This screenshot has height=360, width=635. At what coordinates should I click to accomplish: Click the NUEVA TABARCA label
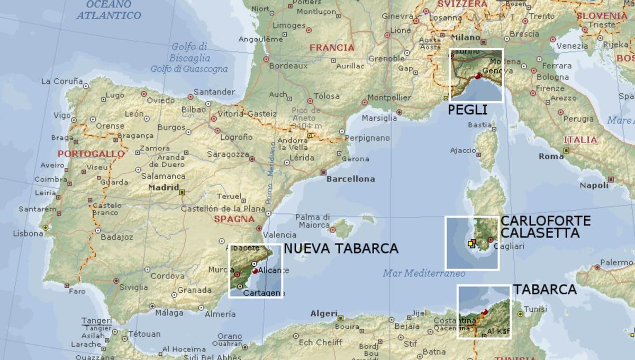[x=341, y=248]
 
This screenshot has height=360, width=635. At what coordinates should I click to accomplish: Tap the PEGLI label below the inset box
[x=467, y=110]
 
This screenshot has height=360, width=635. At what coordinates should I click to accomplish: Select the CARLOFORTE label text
[x=546, y=221]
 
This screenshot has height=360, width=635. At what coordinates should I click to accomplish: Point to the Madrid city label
[x=164, y=187]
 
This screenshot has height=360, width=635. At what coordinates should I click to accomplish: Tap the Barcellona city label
[x=350, y=179]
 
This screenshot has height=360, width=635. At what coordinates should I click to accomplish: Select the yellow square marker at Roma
[x=566, y=150]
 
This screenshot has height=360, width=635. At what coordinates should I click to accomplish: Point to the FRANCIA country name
[x=332, y=48]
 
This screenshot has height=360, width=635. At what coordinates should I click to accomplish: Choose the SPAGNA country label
[x=233, y=219]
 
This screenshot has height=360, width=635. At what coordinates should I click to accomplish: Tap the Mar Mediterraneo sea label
[x=423, y=274]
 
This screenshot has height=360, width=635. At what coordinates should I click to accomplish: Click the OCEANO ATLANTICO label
[x=109, y=10]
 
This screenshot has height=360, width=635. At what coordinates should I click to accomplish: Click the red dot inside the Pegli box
[x=478, y=76]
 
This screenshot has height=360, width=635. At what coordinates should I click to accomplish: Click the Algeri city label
[x=323, y=313]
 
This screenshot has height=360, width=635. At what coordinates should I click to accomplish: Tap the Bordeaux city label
[x=288, y=66]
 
